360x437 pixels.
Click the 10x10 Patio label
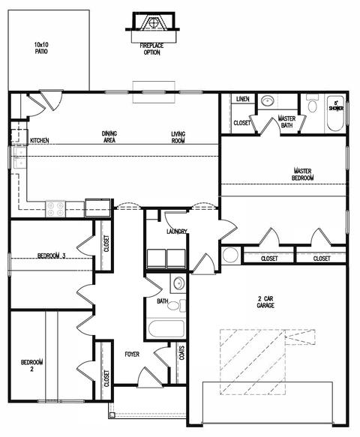point(41,48)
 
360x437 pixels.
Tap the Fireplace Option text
point(151,49)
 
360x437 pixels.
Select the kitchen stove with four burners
point(55,209)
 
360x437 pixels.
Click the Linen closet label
point(243,99)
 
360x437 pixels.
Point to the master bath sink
point(268,100)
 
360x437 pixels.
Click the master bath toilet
point(313,103)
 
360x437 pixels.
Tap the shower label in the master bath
point(336,106)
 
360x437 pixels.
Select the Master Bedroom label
point(303,174)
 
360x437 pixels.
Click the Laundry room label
point(176,232)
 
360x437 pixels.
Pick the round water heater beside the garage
point(231,255)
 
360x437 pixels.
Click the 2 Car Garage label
point(265,302)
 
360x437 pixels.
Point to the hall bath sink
point(178,283)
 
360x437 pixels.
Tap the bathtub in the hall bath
point(166,328)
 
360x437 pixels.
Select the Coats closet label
point(181,353)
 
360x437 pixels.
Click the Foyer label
point(132,355)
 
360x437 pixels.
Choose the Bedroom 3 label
point(52,256)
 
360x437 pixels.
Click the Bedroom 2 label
point(31,366)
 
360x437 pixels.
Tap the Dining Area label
point(109,137)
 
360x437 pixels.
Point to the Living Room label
point(178,138)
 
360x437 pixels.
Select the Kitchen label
point(40,140)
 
